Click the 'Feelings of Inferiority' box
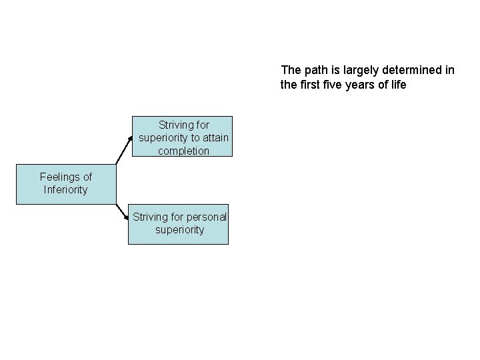pos(66,183)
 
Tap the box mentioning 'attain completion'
pos(183,137)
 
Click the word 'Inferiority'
pos(66,190)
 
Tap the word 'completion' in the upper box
pos(183,151)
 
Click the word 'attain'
pos(215,138)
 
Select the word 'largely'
pos(359,69)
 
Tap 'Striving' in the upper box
pos(175,125)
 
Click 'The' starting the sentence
pos(291,69)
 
